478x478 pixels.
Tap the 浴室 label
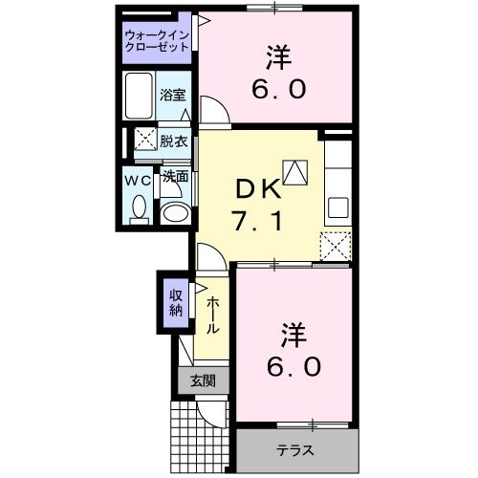click(x=173, y=96)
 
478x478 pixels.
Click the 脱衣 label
click(x=173, y=140)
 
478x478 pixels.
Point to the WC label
click(x=138, y=178)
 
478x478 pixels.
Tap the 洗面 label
click(x=174, y=177)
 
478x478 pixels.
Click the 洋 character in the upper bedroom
click(x=279, y=58)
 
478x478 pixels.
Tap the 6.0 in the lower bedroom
click(x=295, y=366)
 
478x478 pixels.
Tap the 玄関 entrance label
click(x=203, y=380)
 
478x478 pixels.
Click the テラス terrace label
click(x=296, y=449)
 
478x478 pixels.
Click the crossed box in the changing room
click(x=144, y=140)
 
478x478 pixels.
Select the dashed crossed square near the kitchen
click(x=337, y=245)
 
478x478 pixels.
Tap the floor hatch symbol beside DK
click(x=296, y=172)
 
